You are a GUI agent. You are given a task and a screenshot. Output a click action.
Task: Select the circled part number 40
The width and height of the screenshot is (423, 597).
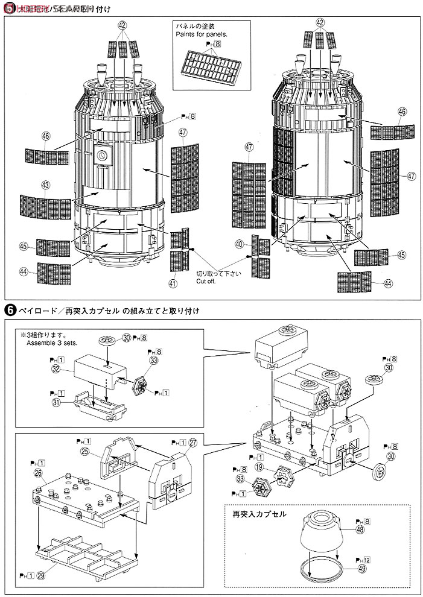[x=240, y=244]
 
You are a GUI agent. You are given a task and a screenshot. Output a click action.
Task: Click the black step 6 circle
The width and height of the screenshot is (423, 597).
[x=9, y=311]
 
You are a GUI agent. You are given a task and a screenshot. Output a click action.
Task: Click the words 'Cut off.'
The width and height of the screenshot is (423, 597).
[x=206, y=281]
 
